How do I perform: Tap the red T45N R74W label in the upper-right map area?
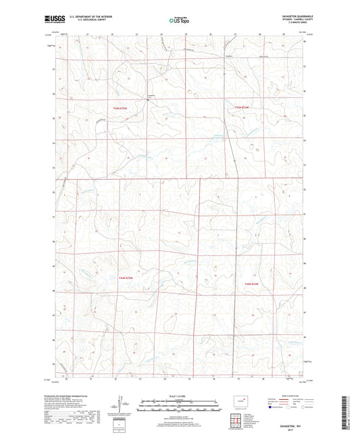[x=242, y=107]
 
